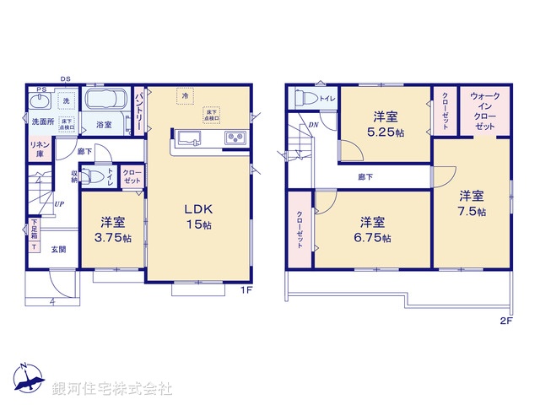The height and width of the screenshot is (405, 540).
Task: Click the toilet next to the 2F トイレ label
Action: pos(304,99)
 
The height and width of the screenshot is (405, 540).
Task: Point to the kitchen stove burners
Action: pos(233,138)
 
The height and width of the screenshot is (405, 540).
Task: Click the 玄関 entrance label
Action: pos(58,249)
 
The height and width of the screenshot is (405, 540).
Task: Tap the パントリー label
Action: pos(139,107)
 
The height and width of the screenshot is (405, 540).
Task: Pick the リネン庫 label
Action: pos(39,150)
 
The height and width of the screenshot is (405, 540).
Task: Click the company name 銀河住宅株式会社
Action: pos(112,389)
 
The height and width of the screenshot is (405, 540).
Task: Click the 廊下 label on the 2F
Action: pos(365,177)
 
